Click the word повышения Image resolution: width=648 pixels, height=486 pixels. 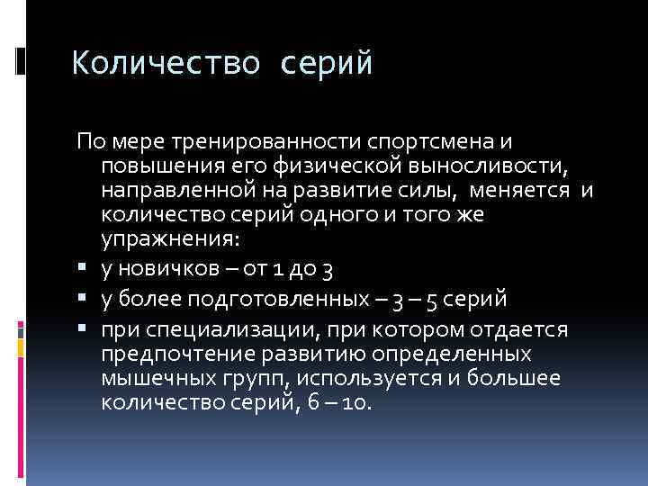tap(155, 166)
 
